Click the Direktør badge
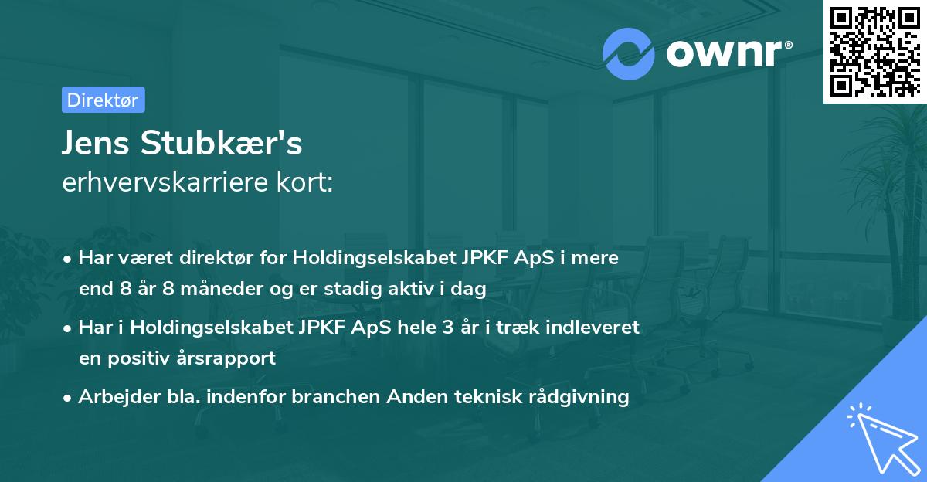click(103, 100)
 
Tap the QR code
click(874, 51)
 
